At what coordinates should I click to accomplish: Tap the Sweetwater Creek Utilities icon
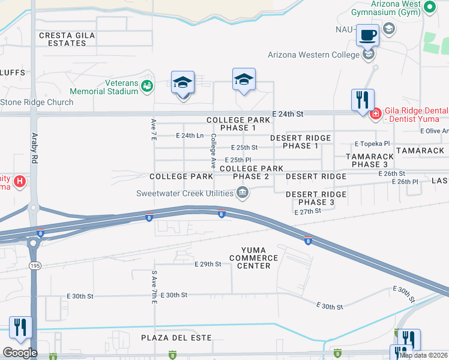tap(243, 193)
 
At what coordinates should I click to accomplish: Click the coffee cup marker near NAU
tap(367, 35)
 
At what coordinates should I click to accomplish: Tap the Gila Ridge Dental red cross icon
tap(376, 113)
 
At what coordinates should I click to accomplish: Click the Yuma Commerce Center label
tap(259, 257)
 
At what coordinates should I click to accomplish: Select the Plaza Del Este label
tap(176, 338)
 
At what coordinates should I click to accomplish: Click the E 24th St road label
tap(288, 113)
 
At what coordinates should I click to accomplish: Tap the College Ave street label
tap(213, 150)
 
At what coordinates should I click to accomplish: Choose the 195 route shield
tap(35, 265)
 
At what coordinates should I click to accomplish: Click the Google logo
tap(20, 353)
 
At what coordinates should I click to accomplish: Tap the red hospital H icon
tap(20, 180)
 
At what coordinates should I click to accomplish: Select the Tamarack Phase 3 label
tap(370, 160)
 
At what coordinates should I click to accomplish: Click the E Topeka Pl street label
tap(372, 144)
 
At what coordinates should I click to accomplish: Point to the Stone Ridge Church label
tap(37, 102)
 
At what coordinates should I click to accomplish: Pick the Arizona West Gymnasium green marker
tap(429, 7)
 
